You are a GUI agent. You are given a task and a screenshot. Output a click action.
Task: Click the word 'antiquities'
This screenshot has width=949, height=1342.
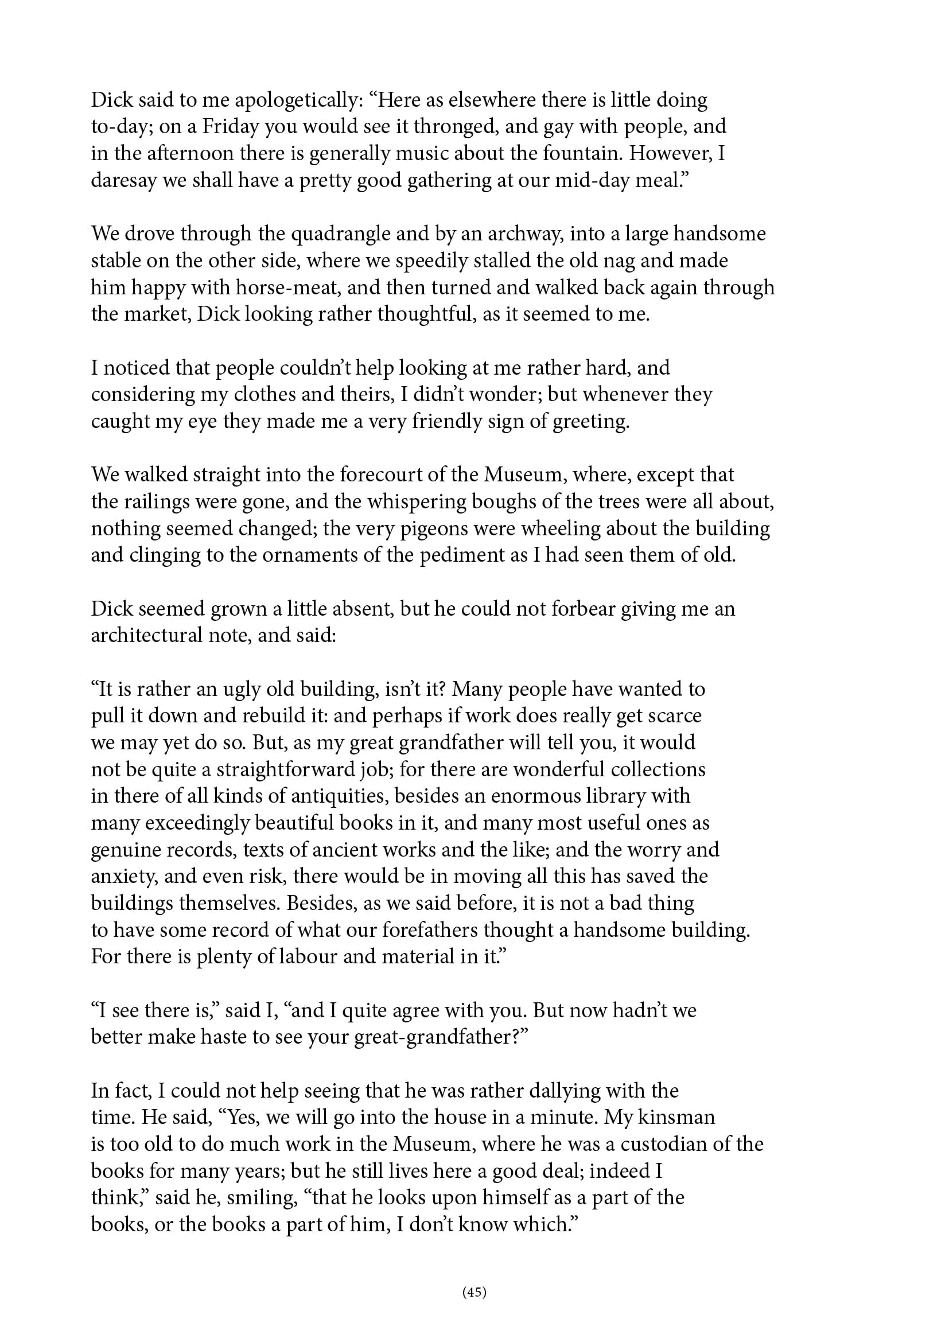click(x=336, y=796)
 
